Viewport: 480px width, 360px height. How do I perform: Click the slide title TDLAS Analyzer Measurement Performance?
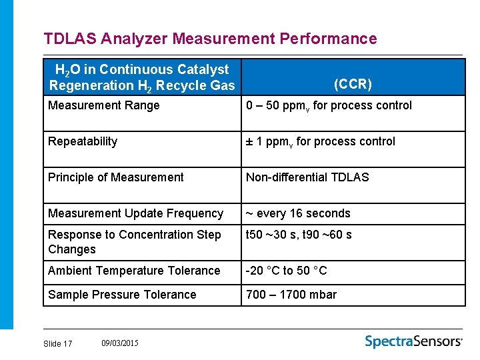tap(210, 39)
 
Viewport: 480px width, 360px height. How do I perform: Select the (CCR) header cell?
tap(353, 84)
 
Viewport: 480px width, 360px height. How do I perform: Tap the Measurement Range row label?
tap(104, 105)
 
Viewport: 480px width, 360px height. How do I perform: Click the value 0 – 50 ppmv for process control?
tap(329, 105)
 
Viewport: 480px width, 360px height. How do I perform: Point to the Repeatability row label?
tap(83, 141)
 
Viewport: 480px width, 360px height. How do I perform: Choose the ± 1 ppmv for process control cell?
tap(320, 141)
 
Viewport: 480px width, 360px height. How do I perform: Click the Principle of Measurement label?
tap(116, 177)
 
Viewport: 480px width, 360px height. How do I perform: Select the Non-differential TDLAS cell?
tap(307, 177)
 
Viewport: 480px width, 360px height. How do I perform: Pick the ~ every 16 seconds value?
tap(298, 213)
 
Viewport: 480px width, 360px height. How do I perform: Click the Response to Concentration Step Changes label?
tap(134, 242)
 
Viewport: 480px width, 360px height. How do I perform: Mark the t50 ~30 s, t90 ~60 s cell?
tap(299, 235)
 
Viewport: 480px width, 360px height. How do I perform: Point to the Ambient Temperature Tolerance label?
tap(134, 271)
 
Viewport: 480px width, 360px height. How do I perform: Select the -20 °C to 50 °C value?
tap(287, 271)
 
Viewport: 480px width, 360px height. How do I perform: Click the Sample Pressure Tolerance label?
tap(122, 295)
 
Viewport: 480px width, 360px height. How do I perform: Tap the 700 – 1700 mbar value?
tap(291, 295)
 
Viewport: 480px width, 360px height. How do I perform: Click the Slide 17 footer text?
tap(57, 343)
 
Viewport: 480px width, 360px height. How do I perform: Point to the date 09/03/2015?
tap(120, 343)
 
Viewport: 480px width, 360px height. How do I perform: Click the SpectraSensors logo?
tap(413, 341)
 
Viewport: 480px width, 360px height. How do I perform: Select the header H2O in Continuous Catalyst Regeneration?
tap(142, 77)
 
